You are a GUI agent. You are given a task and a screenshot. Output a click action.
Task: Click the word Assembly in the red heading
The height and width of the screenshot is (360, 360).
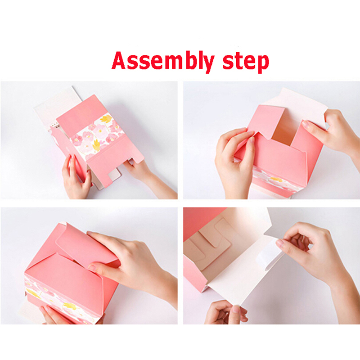click(x=163, y=61)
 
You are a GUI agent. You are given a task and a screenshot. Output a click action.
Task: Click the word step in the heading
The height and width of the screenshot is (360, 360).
click(x=245, y=62)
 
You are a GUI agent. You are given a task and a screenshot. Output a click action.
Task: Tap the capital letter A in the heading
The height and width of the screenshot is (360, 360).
click(x=119, y=60)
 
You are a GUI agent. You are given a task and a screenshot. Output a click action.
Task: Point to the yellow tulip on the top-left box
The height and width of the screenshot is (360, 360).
click(x=106, y=119)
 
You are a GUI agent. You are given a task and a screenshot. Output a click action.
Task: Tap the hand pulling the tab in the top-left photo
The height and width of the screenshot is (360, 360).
click(x=149, y=179)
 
